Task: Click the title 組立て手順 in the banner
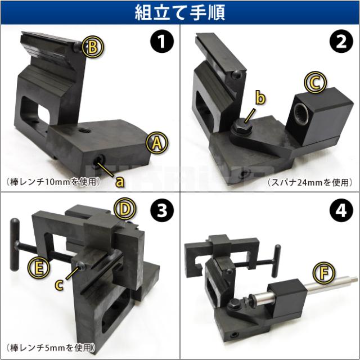click(x=180, y=12)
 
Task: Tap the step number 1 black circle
click(x=162, y=41)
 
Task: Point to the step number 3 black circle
click(x=162, y=210)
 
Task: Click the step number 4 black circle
click(x=341, y=210)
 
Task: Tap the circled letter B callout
click(x=93, y=47)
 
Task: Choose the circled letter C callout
click(x=315, y=83)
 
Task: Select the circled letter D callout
click(x=125, y=209)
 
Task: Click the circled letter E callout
click(x=39, y=268)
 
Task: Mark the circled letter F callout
click(x=324, y=273)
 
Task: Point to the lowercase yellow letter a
click(x=119, y=182)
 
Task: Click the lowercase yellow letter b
click(x=260, y=98)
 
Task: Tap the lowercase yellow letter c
click(x=59, y=285)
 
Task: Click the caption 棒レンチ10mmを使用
click(x=53, y=182)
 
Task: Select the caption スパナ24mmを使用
click(x=310, y=182)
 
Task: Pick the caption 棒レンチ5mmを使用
click(x=51, y=348)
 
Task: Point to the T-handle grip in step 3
click(x=15, y=244)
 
